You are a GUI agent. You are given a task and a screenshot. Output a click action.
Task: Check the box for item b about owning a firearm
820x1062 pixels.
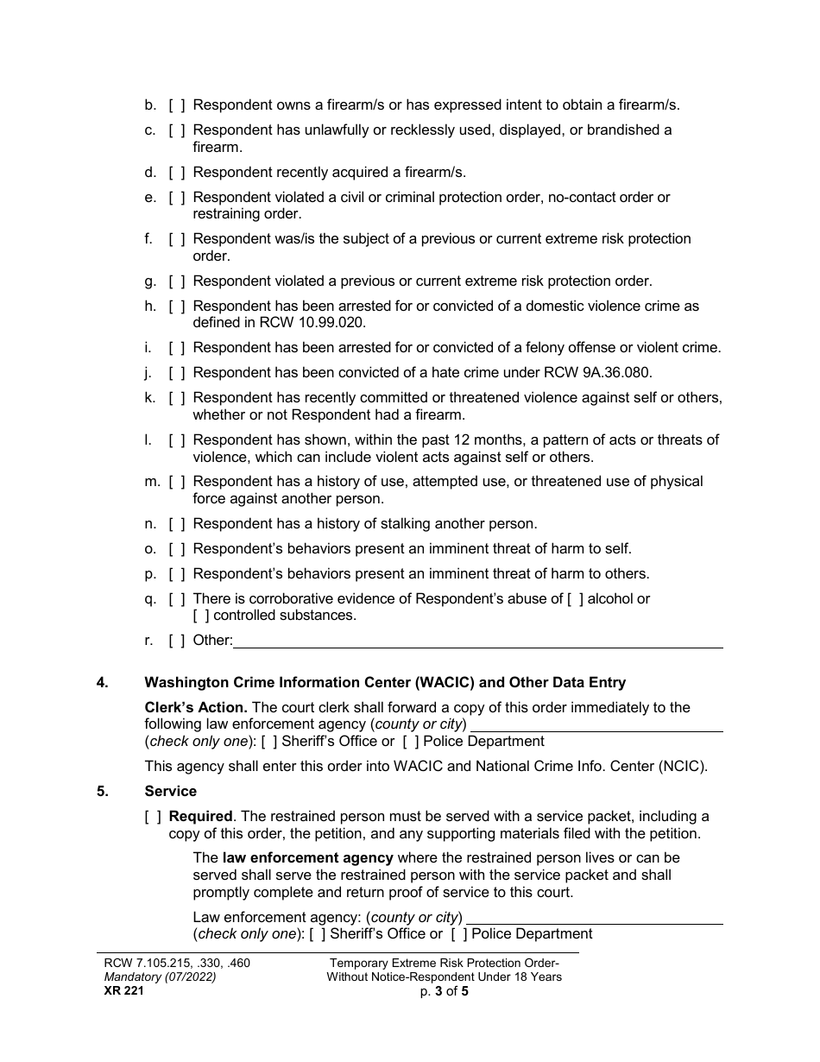tap(177, 105)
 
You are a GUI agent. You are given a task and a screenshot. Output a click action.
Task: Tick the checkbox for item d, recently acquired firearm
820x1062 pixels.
tap(177, 173)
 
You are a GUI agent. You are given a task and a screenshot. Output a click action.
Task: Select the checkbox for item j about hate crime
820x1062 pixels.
tap(177, 373)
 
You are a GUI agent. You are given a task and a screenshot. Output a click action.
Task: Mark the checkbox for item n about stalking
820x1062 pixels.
tap(177, 523)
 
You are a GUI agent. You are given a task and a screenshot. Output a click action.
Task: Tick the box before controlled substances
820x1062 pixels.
tap(201, 616)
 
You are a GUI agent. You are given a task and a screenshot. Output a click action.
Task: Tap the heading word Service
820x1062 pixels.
tap(171, 791)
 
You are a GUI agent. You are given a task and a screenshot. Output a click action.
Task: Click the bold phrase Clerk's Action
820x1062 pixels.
tap(194, 707)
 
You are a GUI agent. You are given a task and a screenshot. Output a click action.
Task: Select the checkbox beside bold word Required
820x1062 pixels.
tap(153, 816)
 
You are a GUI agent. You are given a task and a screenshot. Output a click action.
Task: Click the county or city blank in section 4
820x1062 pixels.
tap(596, 724)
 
